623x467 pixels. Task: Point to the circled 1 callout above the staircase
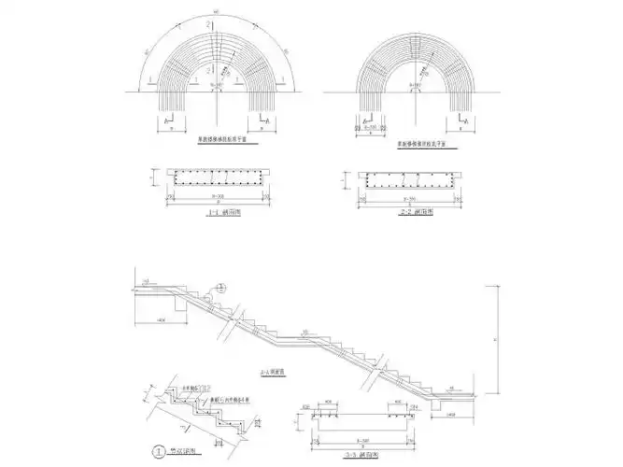(220, 287)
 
